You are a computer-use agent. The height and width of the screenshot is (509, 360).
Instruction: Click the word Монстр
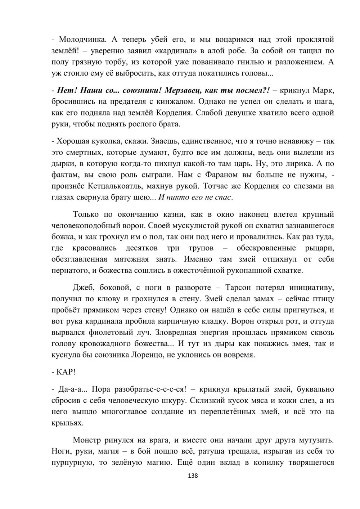86,440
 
